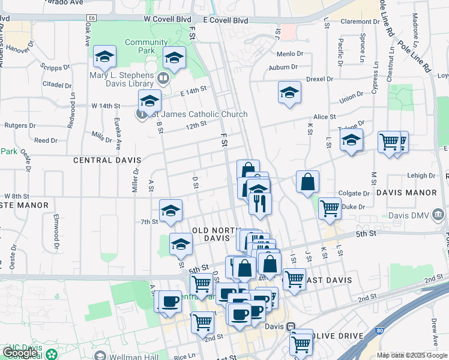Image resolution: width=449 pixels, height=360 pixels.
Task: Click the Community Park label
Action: click(x=146, y=46)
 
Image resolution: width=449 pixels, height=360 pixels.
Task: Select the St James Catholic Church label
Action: click(x=195, y=114)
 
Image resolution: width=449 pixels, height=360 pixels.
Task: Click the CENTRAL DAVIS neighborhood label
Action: click(x=107, y=160)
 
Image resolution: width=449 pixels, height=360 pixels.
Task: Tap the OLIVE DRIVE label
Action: click(x=338, y=335)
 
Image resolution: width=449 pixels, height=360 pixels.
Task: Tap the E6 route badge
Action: click(x=91, y=19)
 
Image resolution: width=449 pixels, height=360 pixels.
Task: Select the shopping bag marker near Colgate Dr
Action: click(x=307, y=182)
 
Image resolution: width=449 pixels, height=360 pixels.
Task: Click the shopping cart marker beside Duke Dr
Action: click(x=330, y=208)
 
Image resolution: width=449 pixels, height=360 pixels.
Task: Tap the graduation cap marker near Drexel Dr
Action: click(x=289, y=93)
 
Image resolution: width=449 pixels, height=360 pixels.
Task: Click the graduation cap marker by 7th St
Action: click(x=171, y=211)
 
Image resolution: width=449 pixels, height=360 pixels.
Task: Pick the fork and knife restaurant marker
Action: click(x=260, y=203)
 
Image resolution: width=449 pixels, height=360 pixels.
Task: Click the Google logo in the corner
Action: click(x=20, y=353)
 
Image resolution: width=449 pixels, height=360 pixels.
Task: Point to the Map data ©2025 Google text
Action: click(x=411, y=355)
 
